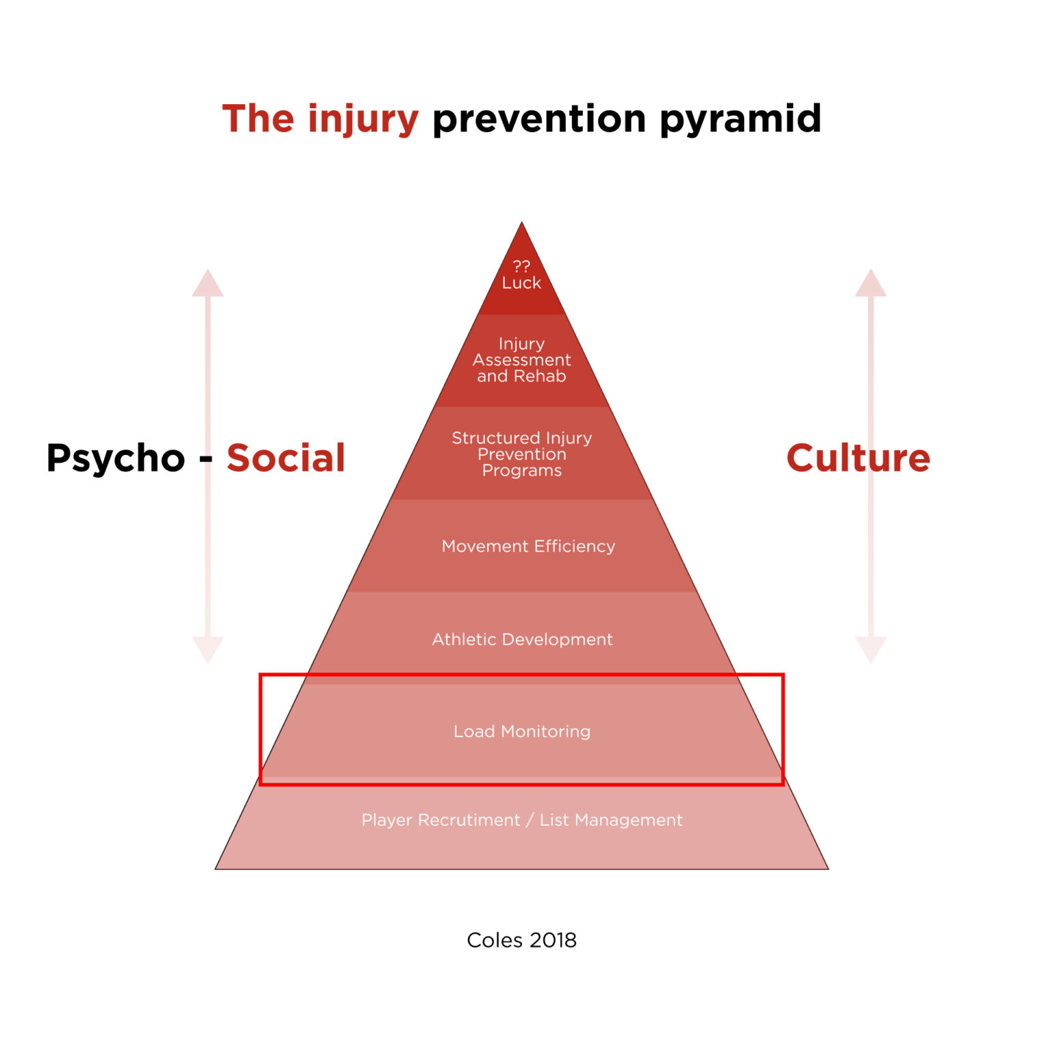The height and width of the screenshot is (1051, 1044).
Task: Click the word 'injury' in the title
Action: coord(363,120)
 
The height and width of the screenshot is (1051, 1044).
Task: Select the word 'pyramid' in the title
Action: coord(740,120)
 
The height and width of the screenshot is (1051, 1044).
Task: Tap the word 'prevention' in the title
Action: coord(539,120)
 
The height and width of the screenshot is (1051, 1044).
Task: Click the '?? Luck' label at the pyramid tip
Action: coord(521,275)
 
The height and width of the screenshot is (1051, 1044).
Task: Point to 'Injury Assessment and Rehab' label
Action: coord(521,360)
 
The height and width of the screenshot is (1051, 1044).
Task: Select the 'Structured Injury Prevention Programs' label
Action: coord(521,454)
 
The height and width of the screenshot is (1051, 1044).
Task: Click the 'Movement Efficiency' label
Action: coord(528,546)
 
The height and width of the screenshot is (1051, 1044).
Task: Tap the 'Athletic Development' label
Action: coord(522,639)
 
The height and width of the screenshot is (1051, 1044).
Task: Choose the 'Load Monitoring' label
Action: coord(522,731)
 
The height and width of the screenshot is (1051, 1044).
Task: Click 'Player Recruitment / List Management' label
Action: coord(522,820)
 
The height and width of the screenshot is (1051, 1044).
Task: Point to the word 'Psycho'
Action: coord(116,458)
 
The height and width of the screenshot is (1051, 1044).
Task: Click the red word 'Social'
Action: coord(286,458)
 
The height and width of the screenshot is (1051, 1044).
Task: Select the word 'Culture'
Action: coord(858,458)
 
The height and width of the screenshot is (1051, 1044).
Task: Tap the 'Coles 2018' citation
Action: coord(521,940)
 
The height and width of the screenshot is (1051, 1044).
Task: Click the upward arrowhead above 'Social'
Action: coord(208,284)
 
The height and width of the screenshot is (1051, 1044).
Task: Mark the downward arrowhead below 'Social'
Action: coord(208,649)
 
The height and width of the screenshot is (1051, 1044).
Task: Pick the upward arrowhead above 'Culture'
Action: coord(871,284)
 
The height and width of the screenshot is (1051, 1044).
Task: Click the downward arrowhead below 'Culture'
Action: coord(871,649)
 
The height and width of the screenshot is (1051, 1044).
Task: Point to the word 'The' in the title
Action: coord(258,120)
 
